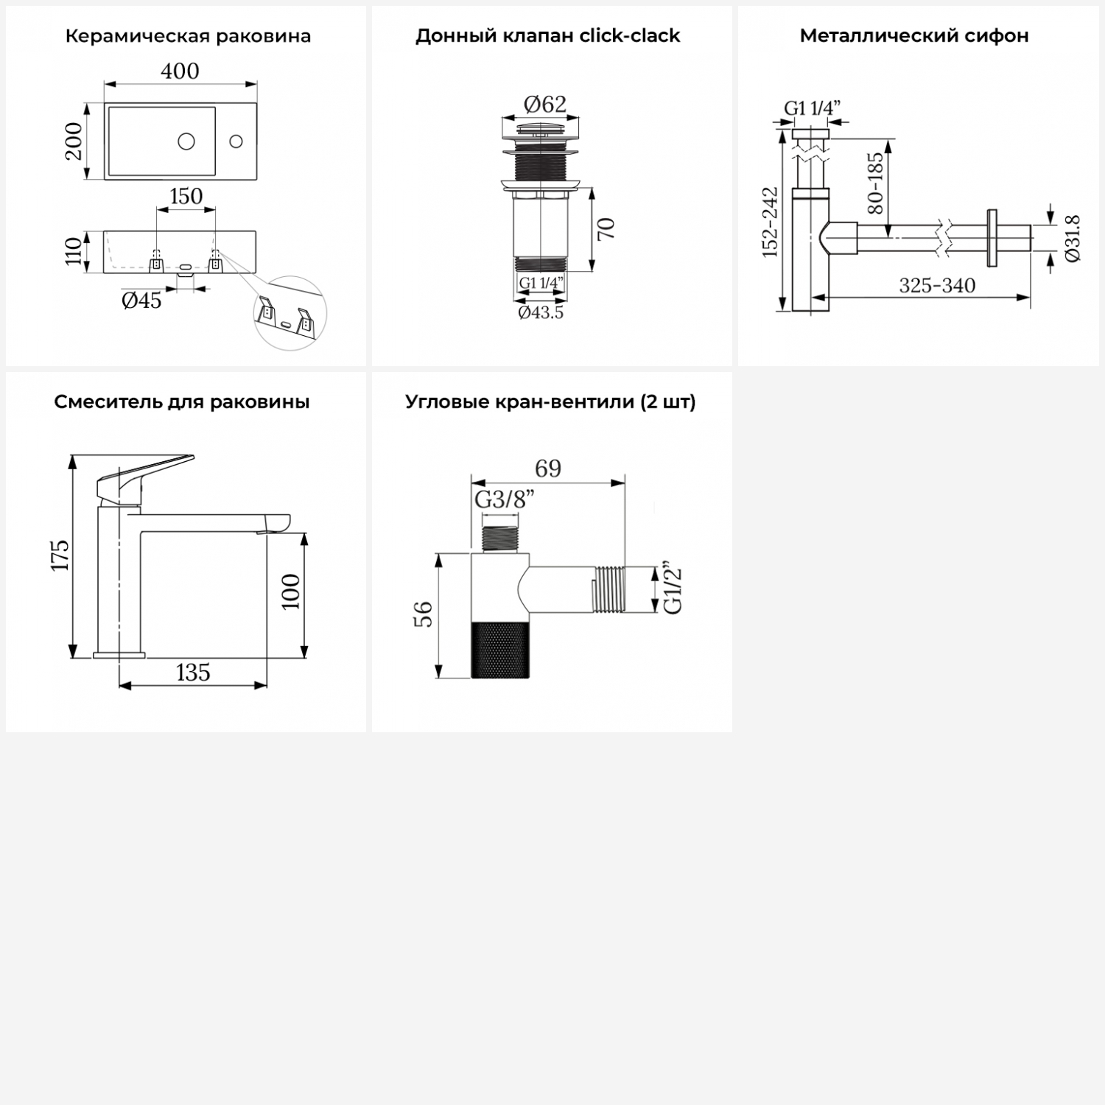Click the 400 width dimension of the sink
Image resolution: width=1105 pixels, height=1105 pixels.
coord(180,71)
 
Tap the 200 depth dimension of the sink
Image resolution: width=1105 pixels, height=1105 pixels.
coord(74,141)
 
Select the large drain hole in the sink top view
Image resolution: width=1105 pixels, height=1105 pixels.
coord(186,140)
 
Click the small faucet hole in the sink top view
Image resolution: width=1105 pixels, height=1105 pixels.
coord(236,140)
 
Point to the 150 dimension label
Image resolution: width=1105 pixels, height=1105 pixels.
coord(186,196)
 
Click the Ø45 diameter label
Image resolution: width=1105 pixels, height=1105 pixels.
coord(141,300)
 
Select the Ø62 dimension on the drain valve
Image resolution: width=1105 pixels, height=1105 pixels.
coord(545,105)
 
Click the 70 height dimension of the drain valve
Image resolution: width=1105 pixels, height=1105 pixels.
coord(606,229)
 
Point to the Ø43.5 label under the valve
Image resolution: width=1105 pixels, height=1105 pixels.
coord(541,312)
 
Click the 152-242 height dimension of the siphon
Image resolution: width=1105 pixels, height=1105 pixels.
coord(770,222)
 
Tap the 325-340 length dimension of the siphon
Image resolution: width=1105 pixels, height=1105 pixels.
coord(937,285)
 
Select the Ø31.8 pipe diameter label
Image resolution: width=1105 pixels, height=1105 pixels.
coord(1073,238)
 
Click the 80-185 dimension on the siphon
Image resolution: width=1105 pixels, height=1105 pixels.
coord(875,183)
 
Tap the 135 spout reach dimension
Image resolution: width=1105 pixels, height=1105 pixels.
coord(193,673)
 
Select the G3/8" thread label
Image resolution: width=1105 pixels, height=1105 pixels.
coord(505,499)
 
